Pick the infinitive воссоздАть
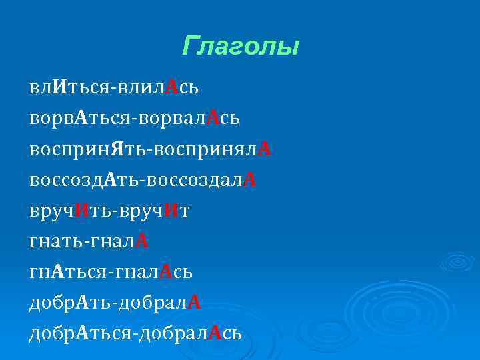point(85,180)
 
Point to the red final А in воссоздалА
point(250,180)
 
